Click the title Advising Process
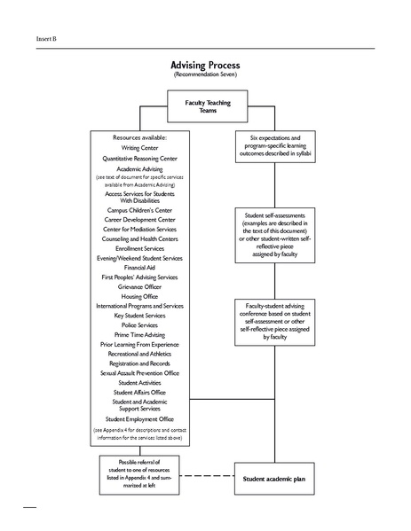[x=206, y=66]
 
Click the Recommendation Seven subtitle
[x=206, y=78]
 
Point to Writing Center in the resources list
[x=139, y=148]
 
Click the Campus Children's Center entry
[x=139, y=210]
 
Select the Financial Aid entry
[x=139, y=267]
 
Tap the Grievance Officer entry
[x=139, y=286]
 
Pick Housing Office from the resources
[x=139, y=296]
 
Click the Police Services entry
[x=139, y=324]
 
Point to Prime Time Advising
[x=139, y=334]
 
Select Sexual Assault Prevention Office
[x=139, y=372]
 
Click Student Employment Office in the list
[x=139, y=418]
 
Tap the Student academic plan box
[x=273, y=478]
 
